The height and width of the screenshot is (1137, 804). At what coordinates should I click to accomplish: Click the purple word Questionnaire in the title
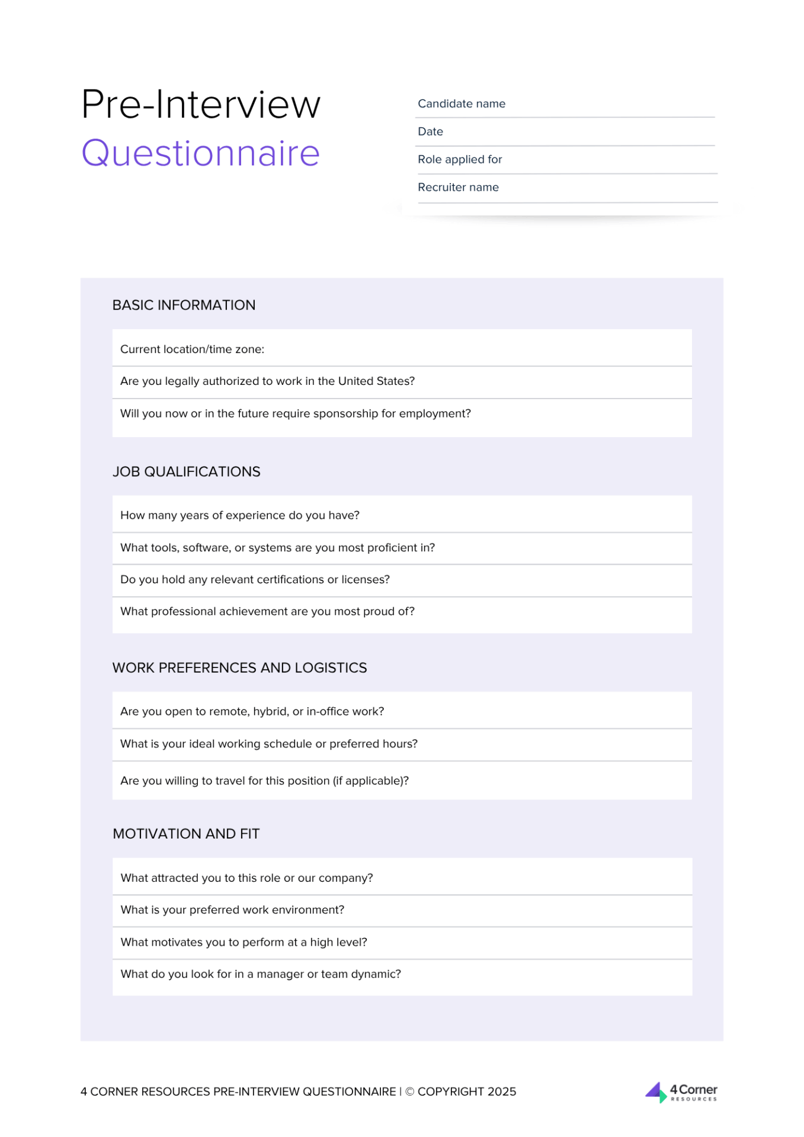200,153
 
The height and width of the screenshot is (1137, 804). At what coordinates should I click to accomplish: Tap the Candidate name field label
461,104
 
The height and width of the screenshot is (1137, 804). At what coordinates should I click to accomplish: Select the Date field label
430,131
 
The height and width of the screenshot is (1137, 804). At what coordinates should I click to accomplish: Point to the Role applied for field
459,159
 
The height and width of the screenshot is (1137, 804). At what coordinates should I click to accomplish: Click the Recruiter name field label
457,187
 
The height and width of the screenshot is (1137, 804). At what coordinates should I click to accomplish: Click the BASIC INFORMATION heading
184,305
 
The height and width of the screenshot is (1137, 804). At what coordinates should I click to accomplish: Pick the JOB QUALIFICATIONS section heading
186,471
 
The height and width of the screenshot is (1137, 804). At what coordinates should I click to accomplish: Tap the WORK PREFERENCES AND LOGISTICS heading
239,667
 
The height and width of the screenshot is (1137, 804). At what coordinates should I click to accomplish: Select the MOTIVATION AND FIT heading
186,834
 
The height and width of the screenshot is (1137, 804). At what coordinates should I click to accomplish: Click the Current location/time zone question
192,349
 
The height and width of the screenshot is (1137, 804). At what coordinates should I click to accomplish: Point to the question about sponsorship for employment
295,413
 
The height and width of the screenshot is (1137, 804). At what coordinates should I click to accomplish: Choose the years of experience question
239,515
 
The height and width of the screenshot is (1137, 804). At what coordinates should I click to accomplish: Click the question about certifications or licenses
255,579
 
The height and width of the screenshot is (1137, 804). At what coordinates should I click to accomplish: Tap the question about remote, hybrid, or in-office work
252,711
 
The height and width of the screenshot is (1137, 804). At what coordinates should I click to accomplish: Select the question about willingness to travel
264,781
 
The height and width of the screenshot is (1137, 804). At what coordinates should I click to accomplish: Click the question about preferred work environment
232,910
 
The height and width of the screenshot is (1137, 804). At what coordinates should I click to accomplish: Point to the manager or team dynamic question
261,974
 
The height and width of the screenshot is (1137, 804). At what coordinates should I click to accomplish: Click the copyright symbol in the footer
409,1091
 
